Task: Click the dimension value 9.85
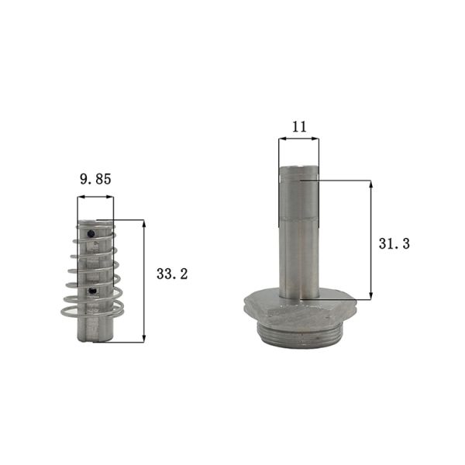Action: pos(95,179)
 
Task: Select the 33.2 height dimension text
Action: pos(172,274)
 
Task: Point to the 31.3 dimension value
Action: pos(394,243)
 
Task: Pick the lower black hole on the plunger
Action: pos(94,291)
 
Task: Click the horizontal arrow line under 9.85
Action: pos(95,198)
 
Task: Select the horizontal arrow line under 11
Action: pos(298,140)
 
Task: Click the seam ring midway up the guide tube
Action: pos(298,219)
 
